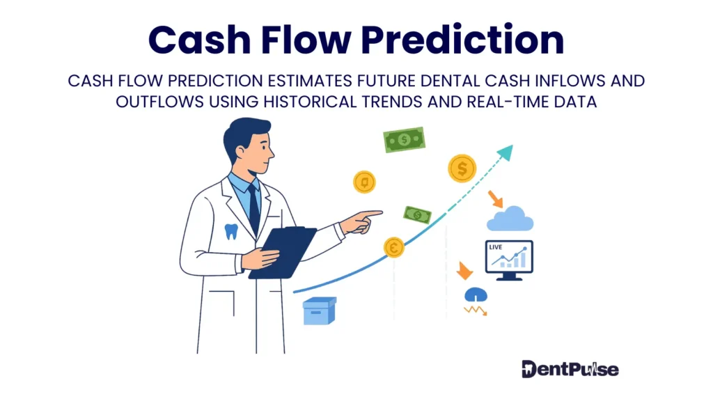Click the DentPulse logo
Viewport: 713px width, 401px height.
[x=570, y=368]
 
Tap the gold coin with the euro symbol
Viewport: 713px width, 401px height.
[x=394, y=246]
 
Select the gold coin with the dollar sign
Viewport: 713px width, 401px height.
[x=462, y=168]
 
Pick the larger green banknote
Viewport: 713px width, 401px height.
[x=404, y=140]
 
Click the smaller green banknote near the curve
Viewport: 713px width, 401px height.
[x=418, y=214]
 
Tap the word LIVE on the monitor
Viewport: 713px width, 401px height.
[x=496, y=248]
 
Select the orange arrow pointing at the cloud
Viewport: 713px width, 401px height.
[x=496, y=199]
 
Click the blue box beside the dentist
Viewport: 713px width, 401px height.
[x=320, y=311]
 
